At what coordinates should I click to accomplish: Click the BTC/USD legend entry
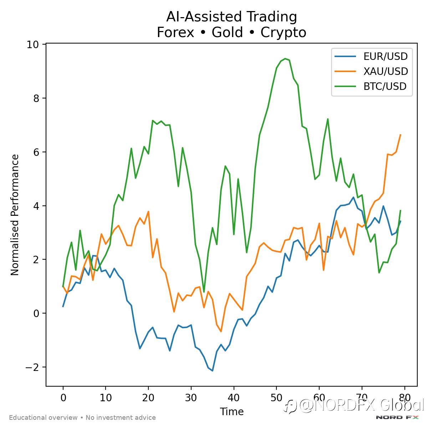(x=385, y=86)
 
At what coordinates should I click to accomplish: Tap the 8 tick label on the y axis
(x=36, y=98)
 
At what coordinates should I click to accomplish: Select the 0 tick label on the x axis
(x=63, y=398)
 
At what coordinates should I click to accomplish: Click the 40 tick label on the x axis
(x=234, y=398)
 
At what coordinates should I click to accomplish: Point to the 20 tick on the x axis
(x=148, y=398)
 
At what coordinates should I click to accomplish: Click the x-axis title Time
(x=232, y=412)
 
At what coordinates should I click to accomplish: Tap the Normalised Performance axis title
(x=15, y=215)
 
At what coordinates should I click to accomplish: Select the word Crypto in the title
(x=283, y=32)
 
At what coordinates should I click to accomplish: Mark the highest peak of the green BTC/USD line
(x=285, y=58)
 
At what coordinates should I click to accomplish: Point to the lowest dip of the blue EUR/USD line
(x=213, y=371)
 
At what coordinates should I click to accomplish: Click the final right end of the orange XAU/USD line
(x=401, y=135)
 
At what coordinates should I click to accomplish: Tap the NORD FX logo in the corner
(x=397, y=417)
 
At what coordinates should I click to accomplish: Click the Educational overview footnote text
(x=82, y=418)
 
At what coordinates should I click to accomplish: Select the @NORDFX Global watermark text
(x=357, y=406)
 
